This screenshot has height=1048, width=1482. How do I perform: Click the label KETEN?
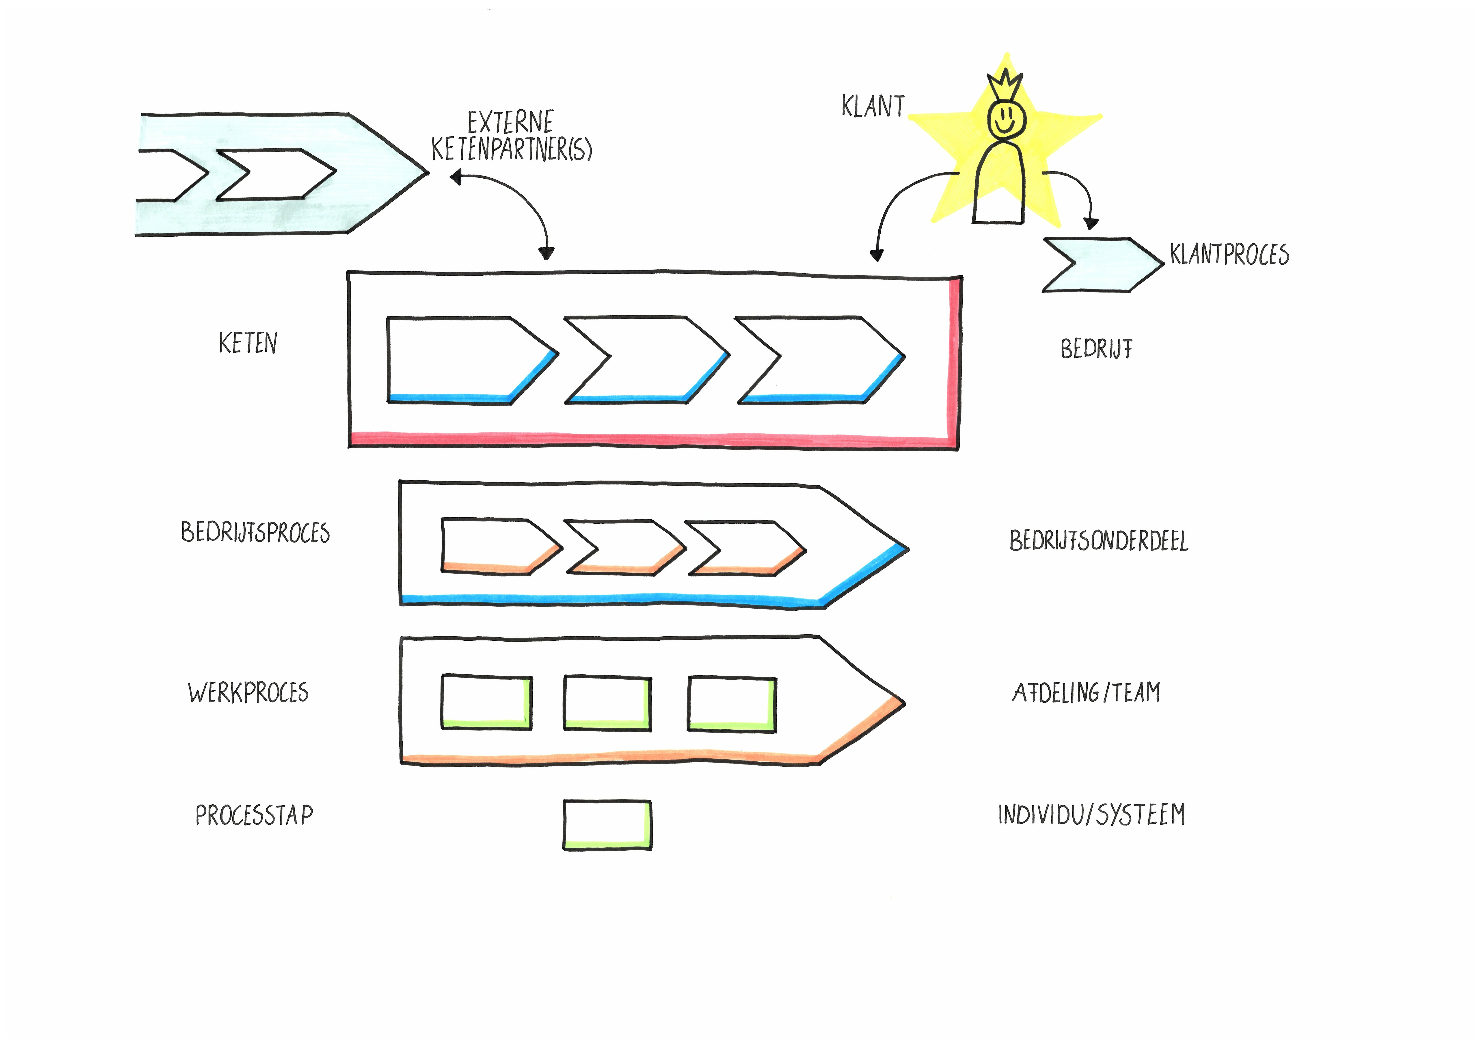(x=248, y=343)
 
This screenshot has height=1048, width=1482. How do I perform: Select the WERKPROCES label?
(x=248, y=692)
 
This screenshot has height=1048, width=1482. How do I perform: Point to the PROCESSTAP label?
(x=254, y=815)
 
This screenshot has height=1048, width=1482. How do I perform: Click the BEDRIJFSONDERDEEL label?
(x=1099, y=541)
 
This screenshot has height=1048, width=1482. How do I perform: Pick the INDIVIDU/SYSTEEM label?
(x=1091, y=814)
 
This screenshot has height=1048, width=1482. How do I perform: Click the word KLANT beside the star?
(x=873, y=106)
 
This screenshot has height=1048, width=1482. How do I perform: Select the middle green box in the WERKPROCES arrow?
(x=607, y=703)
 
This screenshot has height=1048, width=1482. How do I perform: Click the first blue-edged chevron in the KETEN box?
(x=465, y=360)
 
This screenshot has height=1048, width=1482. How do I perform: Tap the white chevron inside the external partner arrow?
(x=274, y=174)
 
